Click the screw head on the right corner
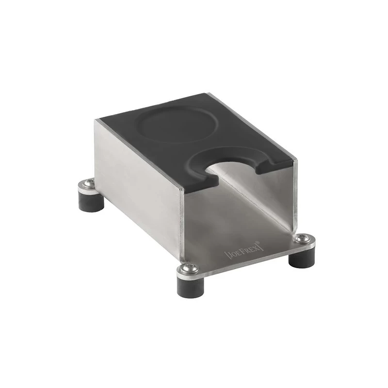click(301, 238)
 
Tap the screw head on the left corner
click(89, 183)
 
